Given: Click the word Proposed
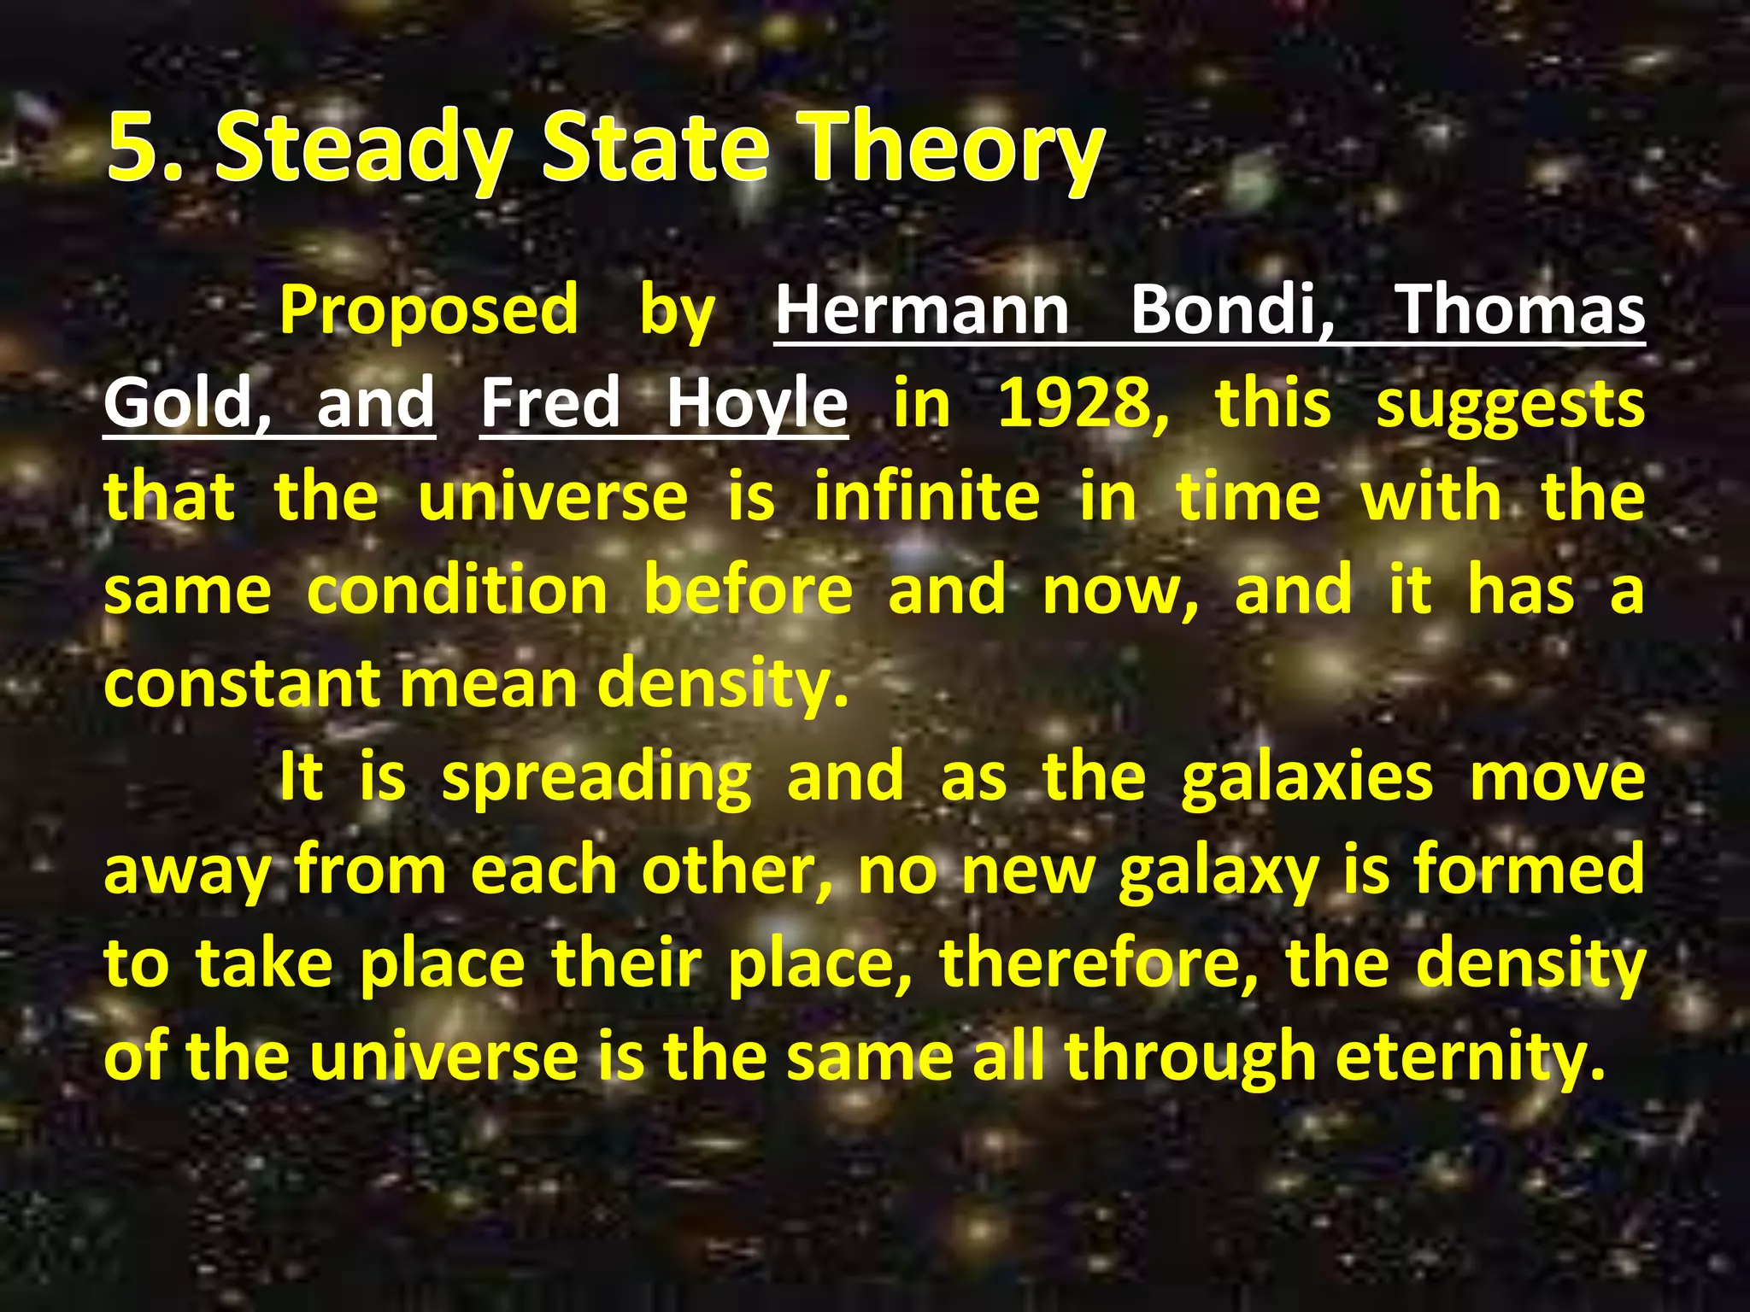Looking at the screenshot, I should (429, 309).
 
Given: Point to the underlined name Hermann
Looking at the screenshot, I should (921, 309).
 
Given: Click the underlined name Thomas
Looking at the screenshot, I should (1519, 309).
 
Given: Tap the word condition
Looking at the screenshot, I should (457, 590).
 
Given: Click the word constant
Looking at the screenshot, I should (243, 684).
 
